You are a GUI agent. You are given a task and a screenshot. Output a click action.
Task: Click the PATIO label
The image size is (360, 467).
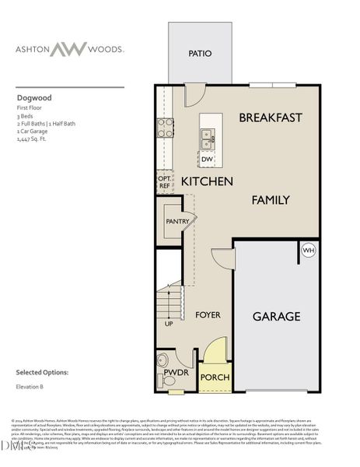coord(200,54)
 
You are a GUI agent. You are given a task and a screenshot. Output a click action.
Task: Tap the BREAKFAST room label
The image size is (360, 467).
coord(270,118)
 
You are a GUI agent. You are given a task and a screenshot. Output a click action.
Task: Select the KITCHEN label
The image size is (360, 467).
coord(207,181)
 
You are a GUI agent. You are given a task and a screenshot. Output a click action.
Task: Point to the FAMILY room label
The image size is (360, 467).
coord(270,200)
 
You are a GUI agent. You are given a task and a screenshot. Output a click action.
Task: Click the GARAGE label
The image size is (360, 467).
coord(276,317)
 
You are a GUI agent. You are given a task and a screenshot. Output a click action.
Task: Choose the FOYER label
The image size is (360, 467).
coord(208,315)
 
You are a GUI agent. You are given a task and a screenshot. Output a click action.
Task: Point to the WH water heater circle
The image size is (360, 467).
coord(308,251)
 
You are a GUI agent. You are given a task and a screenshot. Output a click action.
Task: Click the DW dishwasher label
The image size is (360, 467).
coord(207,160)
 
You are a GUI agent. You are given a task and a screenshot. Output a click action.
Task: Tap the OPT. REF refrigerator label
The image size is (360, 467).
coord(164,182)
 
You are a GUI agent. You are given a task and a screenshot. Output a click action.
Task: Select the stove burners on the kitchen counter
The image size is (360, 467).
coord(165,128)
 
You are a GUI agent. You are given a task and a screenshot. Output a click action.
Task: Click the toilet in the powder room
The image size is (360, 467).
coord(163,360)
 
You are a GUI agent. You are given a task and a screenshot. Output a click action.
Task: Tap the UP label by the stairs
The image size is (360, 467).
coord(169,323)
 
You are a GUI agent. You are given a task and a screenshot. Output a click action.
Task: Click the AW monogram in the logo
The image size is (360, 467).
coord(70,48)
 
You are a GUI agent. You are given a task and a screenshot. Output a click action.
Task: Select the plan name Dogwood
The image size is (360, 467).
coord(29,99)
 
